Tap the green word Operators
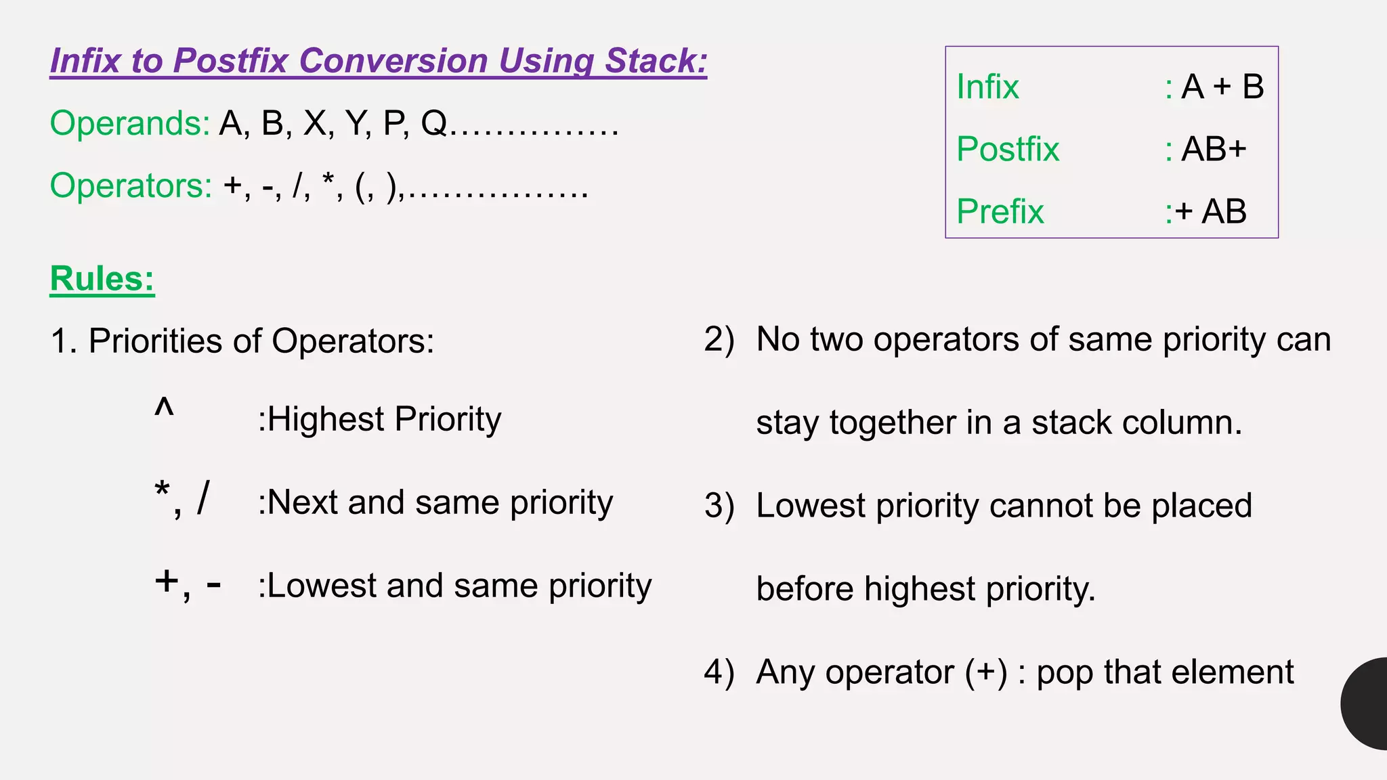(x=131, y=186)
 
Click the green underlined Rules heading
(x=102, y=278)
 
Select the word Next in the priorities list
(x=303, y=502)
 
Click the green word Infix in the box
(x=987, y=87)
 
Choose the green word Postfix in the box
(x=1008, y=149)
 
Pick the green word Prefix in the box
(x=1000, y=211)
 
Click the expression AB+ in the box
(x=1214, y=149)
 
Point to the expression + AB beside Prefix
(x=1211, y=211)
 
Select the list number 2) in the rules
(x=719, y=339)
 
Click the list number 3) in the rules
(x=719, y=506)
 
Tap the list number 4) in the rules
(x=719, y=672)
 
